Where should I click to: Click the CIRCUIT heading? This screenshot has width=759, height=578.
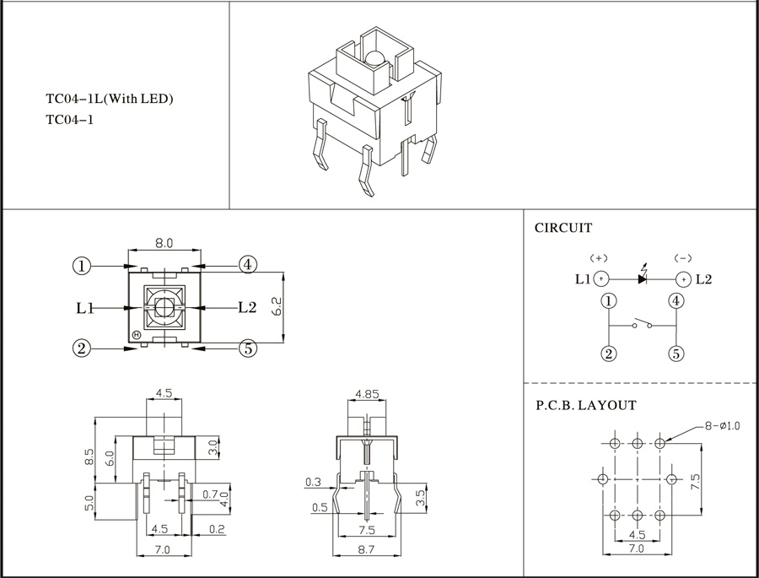[x=563, y=228]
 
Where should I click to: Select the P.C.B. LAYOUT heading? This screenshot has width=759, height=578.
[x=586, y=405]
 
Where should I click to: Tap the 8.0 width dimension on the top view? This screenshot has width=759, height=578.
[x=164, y=243]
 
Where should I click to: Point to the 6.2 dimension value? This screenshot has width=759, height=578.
[x=277, y=306]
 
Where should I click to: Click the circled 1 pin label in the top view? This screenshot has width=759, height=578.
[x=82, y=266]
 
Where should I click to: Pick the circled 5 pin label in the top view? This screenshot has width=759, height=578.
[x=248, y=348]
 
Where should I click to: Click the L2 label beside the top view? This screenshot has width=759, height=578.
[x=247, y=307]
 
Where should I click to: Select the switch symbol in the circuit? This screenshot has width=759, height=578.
[x=643, y=323]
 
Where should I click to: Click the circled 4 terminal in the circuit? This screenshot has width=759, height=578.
[x=676, y=301]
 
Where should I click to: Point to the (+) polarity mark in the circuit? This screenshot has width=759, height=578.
[x=599, y=258]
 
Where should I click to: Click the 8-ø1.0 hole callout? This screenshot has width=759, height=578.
[x=722, y=426]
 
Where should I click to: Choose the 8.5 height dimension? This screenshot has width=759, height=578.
[x=89, y=456]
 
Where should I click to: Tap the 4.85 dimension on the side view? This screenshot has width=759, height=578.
[x=367, y=394]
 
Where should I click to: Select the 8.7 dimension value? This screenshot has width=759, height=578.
[x=367, y=549]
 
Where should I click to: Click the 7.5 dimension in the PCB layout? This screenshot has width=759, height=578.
[x=695, y=482]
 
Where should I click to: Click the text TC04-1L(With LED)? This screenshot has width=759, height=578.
[x=110, y=99]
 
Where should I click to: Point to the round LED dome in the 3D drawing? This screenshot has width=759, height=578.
[x=374, y=58]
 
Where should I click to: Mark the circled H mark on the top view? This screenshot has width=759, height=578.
[x=136, y=335]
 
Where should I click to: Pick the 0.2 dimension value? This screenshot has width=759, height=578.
[x=217, y=528]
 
